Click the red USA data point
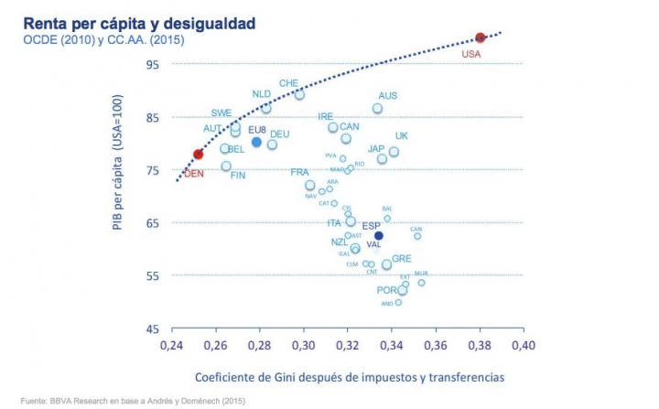(481, 38)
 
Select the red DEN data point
(198, 154)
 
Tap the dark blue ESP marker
(378, 235)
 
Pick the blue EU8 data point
(256, 142)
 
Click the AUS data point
(377, 108)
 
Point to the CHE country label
(289, 82)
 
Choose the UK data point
(394, 152)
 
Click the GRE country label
(402, 259)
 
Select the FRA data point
(310, 185)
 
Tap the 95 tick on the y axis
(152, 64)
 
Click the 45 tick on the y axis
(152, 328)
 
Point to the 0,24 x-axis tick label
(171, 348)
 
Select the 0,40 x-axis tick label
(523, 348)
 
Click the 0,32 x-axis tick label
(347, 348)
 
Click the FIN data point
(226, 166)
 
